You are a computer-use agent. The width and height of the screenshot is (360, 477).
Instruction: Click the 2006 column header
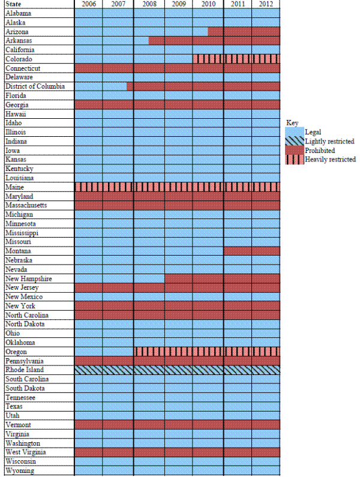88,4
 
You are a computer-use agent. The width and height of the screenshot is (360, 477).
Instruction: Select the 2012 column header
266,4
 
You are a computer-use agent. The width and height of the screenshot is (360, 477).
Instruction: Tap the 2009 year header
178,4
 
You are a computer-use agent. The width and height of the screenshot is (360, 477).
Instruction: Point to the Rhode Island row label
24,370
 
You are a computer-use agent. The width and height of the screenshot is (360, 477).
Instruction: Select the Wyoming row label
20,470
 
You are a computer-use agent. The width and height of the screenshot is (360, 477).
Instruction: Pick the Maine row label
16,187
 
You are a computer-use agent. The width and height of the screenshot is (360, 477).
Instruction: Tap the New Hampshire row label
28,278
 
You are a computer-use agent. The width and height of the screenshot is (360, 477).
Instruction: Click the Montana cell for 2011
238,251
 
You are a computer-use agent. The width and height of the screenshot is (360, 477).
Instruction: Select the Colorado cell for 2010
208,59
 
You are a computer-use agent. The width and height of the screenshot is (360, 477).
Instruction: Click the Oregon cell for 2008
149,352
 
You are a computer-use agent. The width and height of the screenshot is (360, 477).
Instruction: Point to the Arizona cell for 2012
266,31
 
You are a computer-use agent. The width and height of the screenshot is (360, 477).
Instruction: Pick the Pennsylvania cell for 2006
88,361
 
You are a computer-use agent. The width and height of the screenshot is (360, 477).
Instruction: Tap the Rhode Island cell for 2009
178,370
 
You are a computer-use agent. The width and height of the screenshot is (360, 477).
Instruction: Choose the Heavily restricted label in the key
330,160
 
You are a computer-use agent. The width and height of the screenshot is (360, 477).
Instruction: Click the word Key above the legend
292,122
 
